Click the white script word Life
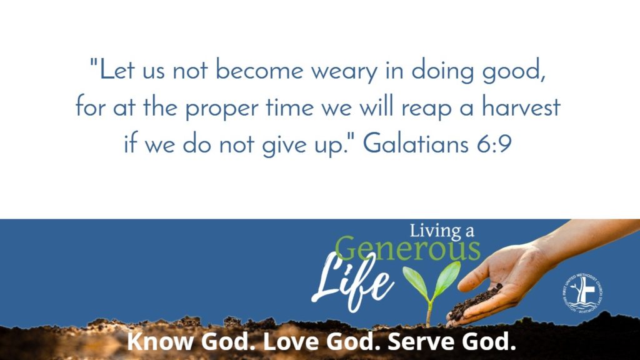(x=353, y=277)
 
